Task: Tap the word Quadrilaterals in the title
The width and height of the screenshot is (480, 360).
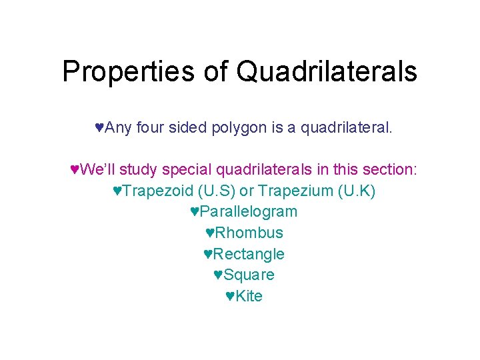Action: (x=327, y=71)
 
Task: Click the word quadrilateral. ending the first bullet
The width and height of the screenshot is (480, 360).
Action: (x=347, y=127)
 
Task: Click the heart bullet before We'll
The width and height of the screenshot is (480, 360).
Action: (x=75, y=169)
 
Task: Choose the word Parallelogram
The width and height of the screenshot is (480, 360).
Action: (x=248, y=212)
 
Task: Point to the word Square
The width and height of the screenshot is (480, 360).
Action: (x=249, y=275)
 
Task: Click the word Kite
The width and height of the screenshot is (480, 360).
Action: (x=249, y=297)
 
